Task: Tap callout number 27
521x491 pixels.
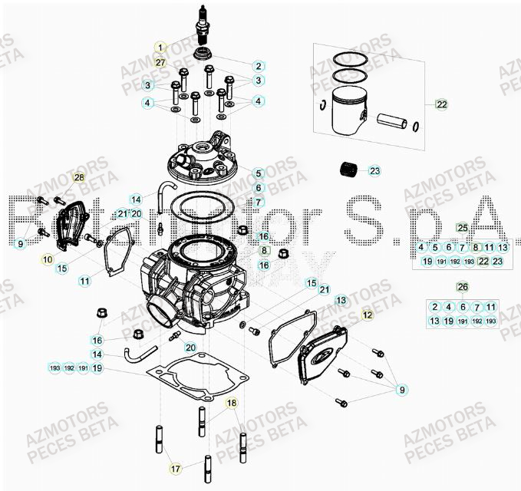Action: click(x=160, y=61)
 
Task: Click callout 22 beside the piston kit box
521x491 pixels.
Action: click(x=441, y=104)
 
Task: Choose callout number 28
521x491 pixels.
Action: click(x=77, y=178)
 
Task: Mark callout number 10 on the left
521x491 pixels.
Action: click(x=48, y=260)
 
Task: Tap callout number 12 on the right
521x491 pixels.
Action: click(x=368, y=315)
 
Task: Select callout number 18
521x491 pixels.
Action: click(x=231, y=402)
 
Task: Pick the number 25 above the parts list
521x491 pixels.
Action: click(x=462, y=228)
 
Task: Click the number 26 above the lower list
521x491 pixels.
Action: click(x=462, y=287)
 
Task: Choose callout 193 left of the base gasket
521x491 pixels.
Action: click(x=54, y=368)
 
